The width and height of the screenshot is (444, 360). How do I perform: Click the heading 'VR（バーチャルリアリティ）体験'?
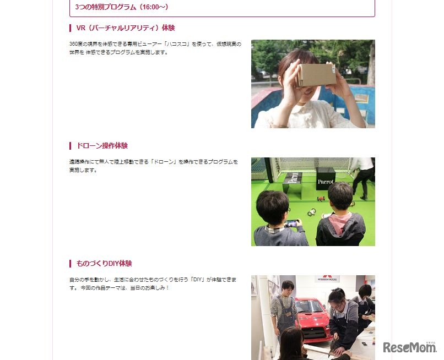(x=126, y=28)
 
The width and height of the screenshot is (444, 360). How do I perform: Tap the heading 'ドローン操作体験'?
(x=102, y=146)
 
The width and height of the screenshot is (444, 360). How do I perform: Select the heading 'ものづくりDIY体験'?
(x=104, y=264)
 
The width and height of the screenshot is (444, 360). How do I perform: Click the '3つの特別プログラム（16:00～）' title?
(x=122, y=7)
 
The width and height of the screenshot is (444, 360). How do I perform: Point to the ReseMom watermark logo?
(x=409, y=347)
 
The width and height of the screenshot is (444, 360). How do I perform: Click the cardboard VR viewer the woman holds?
(x=316, y=75)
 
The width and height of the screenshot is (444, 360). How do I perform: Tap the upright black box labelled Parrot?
(x=326, y=179)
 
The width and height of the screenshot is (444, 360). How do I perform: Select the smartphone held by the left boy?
(x=291, y=223)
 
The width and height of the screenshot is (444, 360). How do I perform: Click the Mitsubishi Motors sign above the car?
(x=327, y=279)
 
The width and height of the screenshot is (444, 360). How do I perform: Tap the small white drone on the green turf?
(x=312, y=212)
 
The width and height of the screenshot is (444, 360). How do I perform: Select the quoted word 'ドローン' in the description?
(x=164, y=162)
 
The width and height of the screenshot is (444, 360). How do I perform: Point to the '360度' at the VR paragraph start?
(x=75, y=44)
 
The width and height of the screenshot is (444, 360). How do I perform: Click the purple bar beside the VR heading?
(x=70, y=28)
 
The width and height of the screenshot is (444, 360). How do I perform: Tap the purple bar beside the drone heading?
(x=70, y=146)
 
